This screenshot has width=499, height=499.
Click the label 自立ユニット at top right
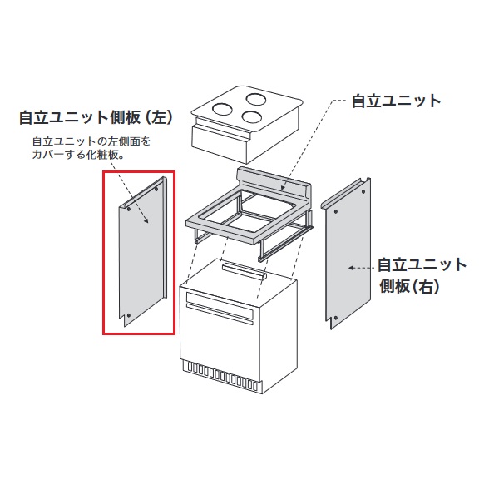click(x=396, y=101)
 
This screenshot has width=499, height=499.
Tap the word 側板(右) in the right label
click(x=409, y=287)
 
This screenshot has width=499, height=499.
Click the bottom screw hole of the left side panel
click(x=129, y=314)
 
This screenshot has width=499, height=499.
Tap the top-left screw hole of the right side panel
click(x=334, y=211)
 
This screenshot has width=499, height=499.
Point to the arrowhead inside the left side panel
click(x=147, y=222)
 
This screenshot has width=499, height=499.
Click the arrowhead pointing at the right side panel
click(x=350, y=268)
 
